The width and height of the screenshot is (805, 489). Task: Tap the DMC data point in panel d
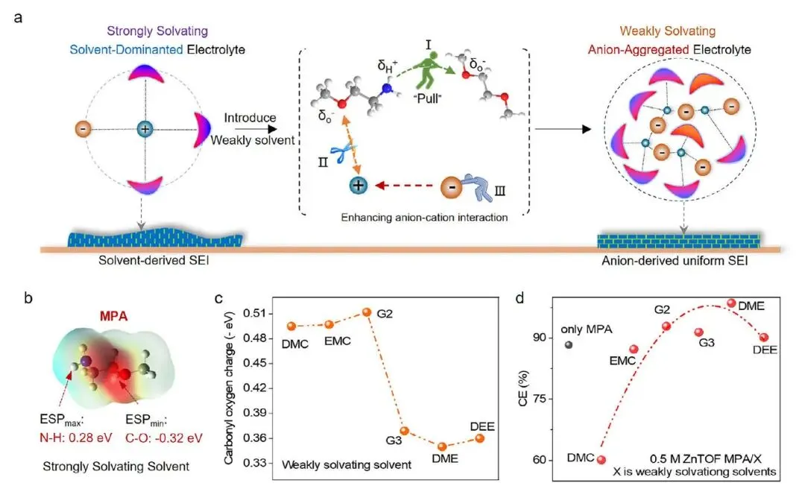click(602, 459)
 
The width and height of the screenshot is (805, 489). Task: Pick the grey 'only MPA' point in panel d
click(569, 344)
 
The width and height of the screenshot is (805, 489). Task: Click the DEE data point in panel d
click(764, 338)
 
